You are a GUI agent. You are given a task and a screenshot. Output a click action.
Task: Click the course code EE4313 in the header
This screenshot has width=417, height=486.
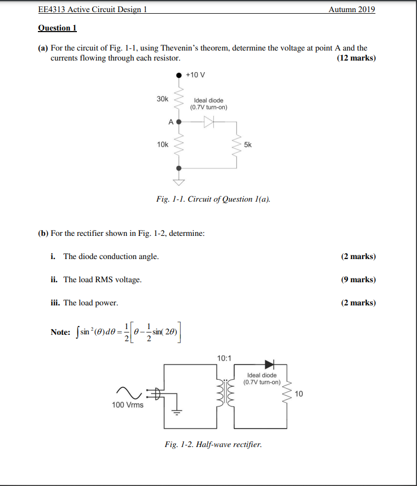point(51,9)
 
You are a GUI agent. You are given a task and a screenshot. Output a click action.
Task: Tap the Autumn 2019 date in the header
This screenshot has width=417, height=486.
point(352,9)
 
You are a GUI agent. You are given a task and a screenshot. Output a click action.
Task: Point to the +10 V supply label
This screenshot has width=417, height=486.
point(195,75)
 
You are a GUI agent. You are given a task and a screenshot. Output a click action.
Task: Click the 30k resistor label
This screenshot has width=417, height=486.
point(162,99)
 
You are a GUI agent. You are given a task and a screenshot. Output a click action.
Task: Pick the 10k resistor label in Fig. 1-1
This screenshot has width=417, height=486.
point(162,144)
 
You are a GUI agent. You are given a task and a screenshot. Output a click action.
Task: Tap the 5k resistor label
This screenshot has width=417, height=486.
point(248,144)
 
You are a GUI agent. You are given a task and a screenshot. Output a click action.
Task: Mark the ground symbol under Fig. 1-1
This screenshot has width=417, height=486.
point(180,183)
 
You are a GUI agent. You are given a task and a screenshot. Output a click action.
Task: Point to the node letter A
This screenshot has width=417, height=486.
point(171,122)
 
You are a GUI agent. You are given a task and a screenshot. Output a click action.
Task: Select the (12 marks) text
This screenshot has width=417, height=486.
point(356,58)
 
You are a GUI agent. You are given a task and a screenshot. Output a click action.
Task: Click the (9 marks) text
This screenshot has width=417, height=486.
point(358,280)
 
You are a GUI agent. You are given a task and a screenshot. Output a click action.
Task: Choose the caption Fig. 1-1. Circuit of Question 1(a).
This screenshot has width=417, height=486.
point(213,199)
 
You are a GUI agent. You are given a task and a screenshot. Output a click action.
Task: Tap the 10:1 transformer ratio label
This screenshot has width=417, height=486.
point(223,358)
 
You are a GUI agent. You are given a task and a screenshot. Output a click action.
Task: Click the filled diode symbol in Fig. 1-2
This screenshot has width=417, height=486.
point(270,364)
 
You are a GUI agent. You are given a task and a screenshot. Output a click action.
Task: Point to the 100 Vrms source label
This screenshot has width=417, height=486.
point(127,405)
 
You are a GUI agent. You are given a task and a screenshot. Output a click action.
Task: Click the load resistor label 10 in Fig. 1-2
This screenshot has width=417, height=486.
point(299,393)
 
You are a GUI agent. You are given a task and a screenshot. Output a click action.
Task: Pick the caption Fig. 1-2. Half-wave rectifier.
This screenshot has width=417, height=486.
point(213,444)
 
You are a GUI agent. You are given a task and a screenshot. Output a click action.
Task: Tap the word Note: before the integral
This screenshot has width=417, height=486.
point(60,332)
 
